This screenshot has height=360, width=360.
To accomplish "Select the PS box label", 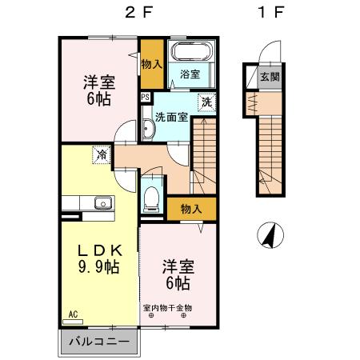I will point(145,98).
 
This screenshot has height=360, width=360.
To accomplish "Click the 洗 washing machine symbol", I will point(206,102).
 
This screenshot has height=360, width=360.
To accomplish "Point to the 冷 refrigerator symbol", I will point(102,154).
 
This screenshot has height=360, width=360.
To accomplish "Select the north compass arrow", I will point(270,235).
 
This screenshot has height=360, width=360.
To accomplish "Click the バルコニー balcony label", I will point(98,342).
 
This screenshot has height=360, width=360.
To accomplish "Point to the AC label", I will point(73,314).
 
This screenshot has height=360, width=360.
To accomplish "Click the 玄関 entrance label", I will point(269,77).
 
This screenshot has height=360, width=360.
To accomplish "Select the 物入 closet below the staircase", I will point(190,208).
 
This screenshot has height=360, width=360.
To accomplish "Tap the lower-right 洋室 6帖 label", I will point(178,274).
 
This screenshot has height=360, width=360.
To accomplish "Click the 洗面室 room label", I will point(171,116).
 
